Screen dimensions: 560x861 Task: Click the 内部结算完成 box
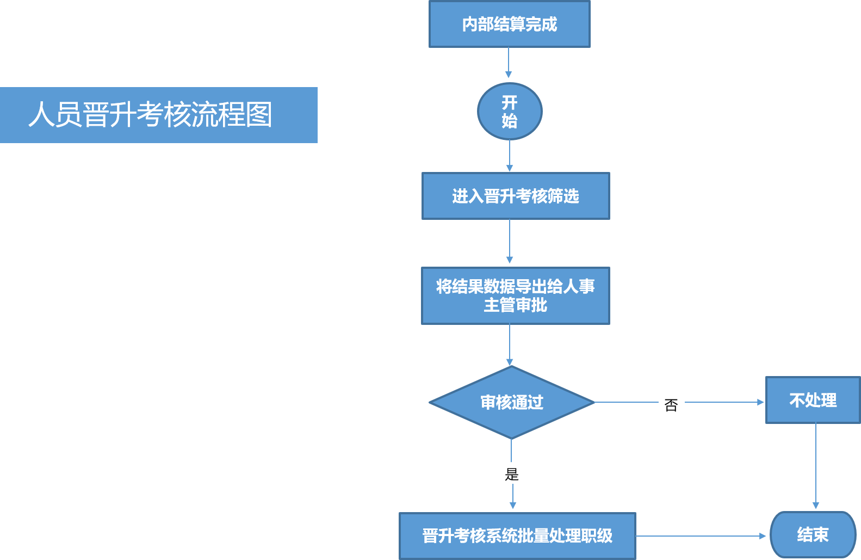pyautogui.click(x=509, y=24)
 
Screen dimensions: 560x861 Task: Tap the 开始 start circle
pyautogui.click(x=510, y=112)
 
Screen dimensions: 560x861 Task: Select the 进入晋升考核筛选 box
pyautogui.click(x=516, y=196)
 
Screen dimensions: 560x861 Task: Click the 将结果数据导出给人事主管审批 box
pyautogui.click(x=516, y=296)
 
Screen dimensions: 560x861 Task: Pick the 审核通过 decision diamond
pyautogui.click(x=511, y=403)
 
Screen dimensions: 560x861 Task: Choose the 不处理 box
pyautogui.click(x=813, y=401)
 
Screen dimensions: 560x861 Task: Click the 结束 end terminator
pyautogui.click(x=813, y=535)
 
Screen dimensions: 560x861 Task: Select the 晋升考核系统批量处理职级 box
pyautogui.click(x=517, y=536)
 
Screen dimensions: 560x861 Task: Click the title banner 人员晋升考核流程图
pyautogui.click(x=158, y=115)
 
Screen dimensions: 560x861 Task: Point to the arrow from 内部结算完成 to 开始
pyautogui.click(x=509, y=63)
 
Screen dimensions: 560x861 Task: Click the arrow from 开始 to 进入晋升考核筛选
pyautogui.click(x=510, y=156)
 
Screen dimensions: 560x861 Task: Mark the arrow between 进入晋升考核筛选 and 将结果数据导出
pyautogui.click(x=510, y=242)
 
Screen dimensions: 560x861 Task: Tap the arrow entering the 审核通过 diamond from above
pyautogui.click(x=510, y=344)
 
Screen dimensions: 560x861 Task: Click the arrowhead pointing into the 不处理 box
pyautogui.click(x=760, y=402)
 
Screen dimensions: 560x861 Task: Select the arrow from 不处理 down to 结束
pyautogui.click(x=816, y=466)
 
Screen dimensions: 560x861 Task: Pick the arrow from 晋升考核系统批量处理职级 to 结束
pyautogui.click(x=701, y=536)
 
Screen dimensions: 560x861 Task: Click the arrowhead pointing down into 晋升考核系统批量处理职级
pyautogui.click(x=512, y=506)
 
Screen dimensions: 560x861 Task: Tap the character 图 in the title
pyautogui.click(x=259, y=115)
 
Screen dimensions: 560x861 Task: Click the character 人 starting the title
pyautogui.click(x=41, y=115)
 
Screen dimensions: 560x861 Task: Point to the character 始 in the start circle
pyautogui.click(x=510, y=121)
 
